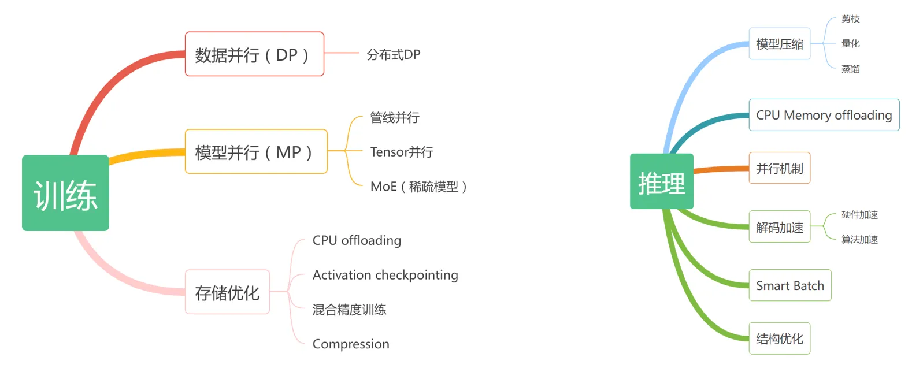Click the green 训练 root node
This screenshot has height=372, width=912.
click(x=65, y=193)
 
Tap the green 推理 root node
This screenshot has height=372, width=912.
click(x=661, y=181)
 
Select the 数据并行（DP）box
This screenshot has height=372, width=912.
click(x=254, y=54)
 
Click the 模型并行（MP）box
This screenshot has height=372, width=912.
click(x=255, y=152)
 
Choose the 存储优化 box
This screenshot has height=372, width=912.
click(x=227, y=292)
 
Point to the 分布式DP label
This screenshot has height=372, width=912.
click(x=393, y=55)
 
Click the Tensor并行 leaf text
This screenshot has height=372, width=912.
click(x=402, y=152)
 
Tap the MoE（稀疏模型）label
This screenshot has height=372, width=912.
click(x=418, y=187)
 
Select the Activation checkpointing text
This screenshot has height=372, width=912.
click(x=385, y=275)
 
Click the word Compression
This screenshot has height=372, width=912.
click(x=351, y=344)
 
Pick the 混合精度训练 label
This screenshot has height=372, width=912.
click(x=349, y=310)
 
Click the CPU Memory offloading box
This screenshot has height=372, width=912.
click(x=824, y=115)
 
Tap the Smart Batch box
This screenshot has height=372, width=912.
click(x=789, y=285)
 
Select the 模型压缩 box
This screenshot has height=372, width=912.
click(x=779, y=44)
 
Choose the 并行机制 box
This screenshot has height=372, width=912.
click(x=779, y=168)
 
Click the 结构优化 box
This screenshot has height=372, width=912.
click(x=779, y=338)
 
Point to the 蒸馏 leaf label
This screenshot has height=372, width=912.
click(x=850, y=69)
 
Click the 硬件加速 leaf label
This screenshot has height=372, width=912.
click(x=859, y=215)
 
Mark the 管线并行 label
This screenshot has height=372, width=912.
click(x=395, y=118)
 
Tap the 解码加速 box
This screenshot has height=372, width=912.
click(x=779, y=227)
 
